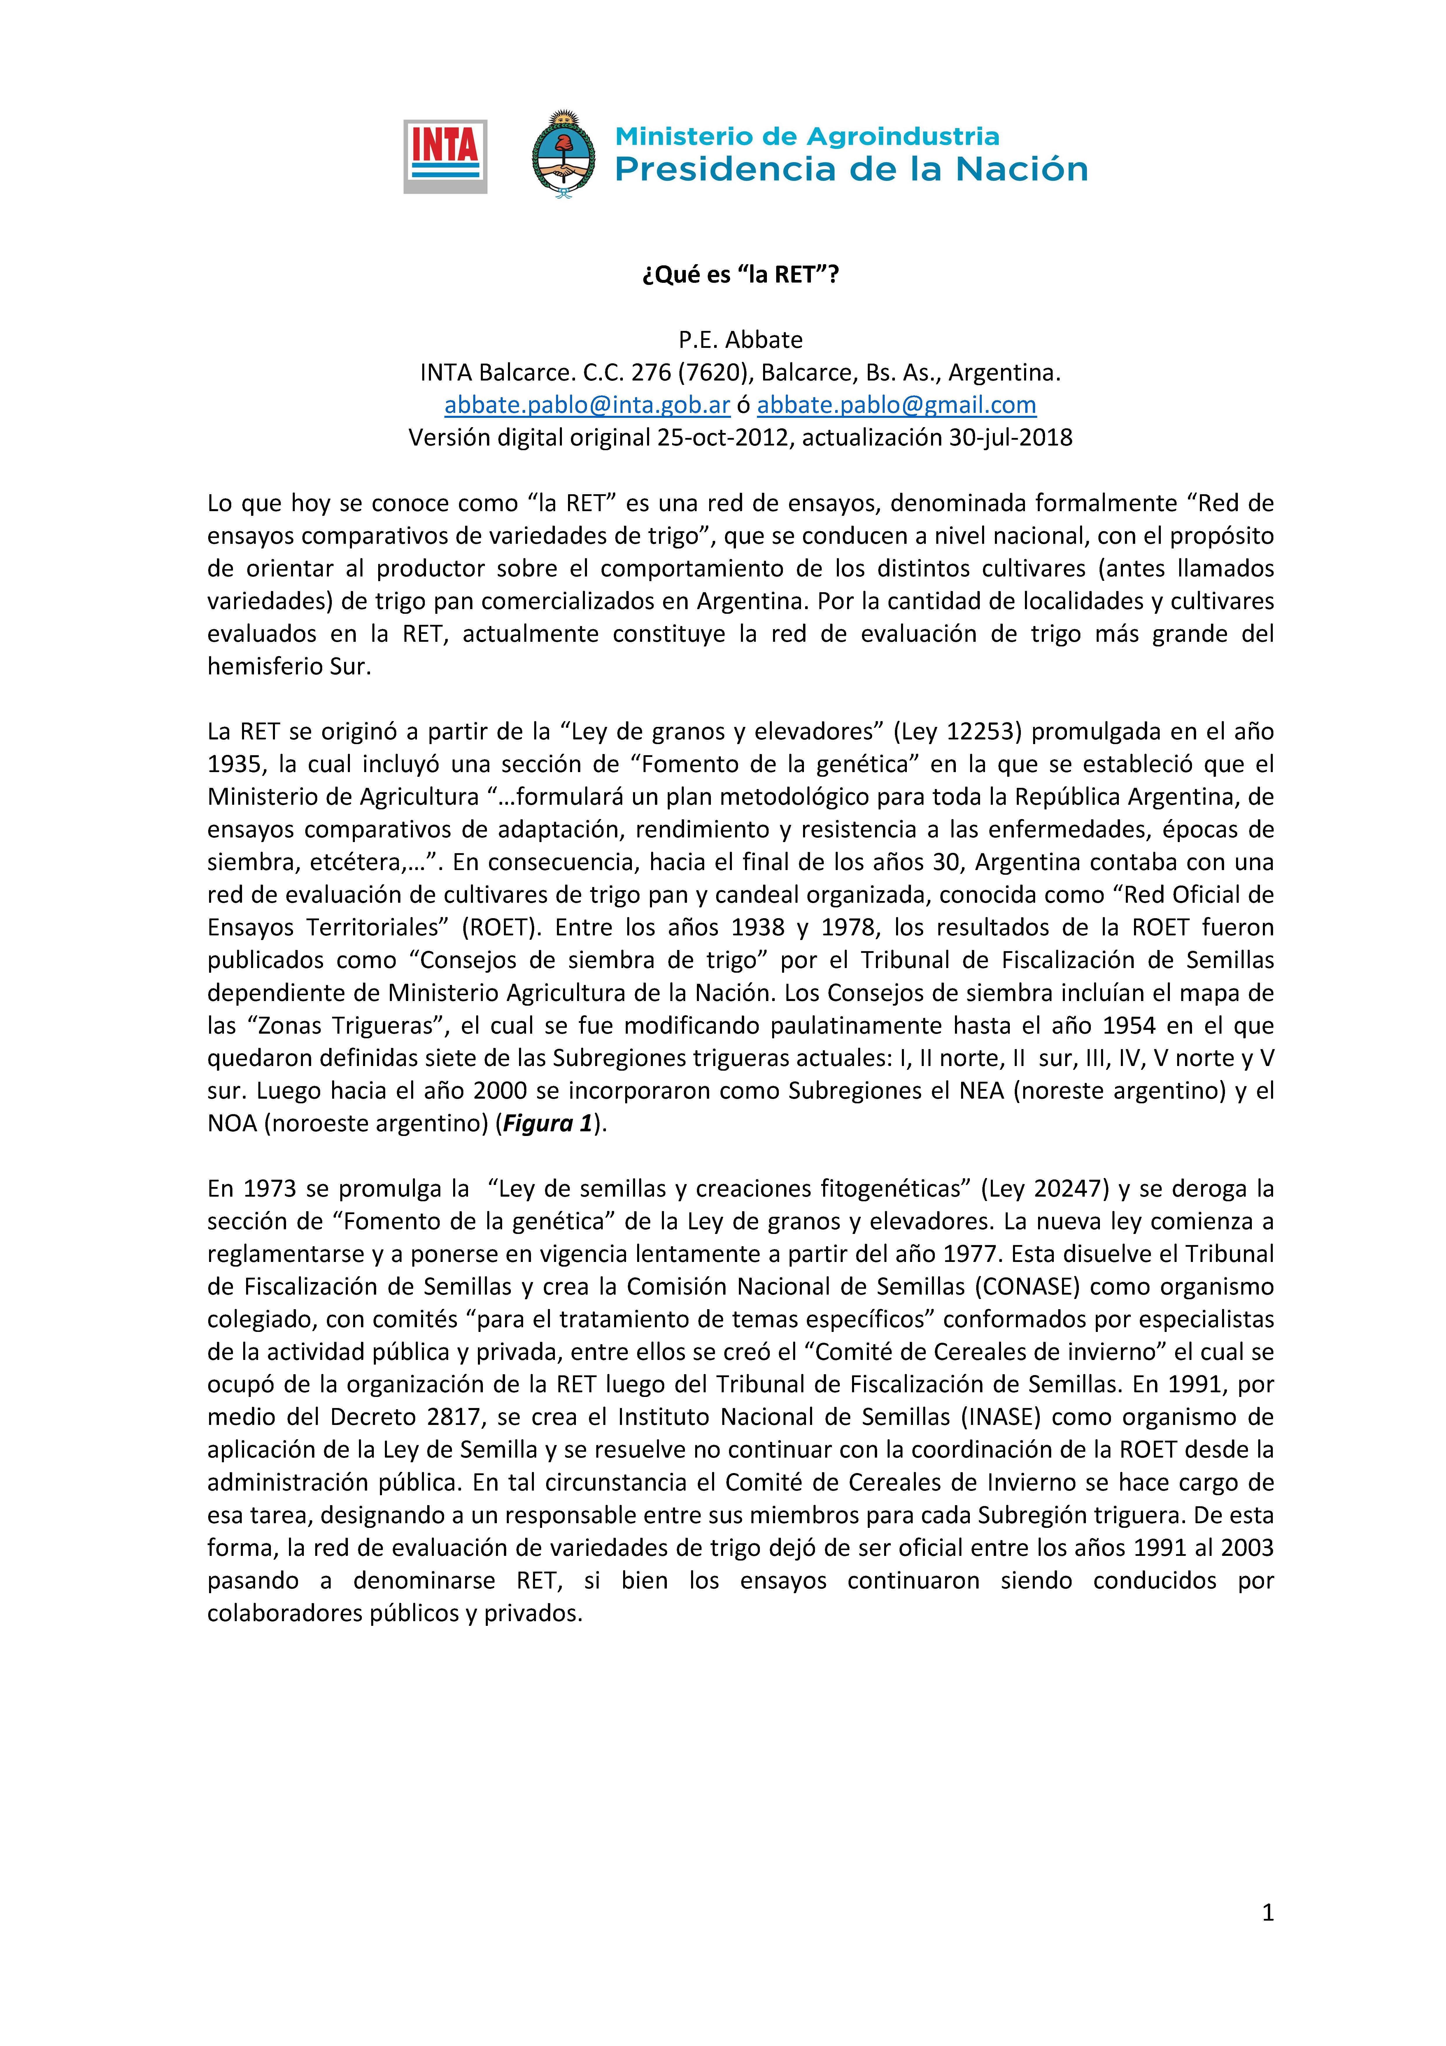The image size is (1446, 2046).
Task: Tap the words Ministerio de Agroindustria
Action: pyautogui.click(x=807, y=136)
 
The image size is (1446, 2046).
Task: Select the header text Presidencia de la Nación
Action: pyautogui.click(x=851, y=169)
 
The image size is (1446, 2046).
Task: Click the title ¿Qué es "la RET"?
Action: pyautogui.click(x=740, y=274)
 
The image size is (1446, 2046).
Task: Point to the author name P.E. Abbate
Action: pyautogui.click(x=740, y=339)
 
